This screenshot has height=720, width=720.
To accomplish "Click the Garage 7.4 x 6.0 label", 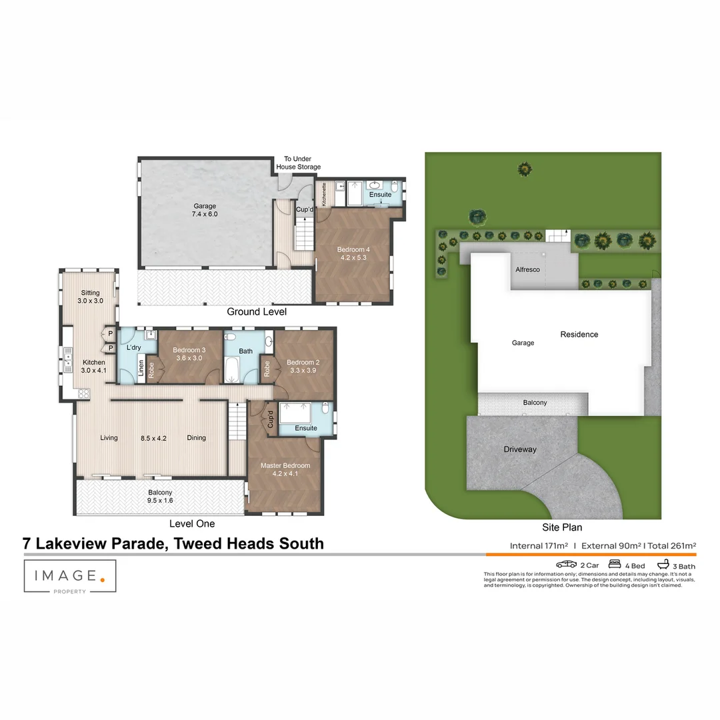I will [x=205, y=210].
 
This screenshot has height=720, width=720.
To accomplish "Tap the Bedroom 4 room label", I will [x=353, y=254].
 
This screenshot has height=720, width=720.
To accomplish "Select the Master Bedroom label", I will [x=285, y=469].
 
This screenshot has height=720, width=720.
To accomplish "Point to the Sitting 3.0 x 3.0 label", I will [x=90, y=297].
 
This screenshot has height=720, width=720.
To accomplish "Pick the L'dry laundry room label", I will [x=133, y=348].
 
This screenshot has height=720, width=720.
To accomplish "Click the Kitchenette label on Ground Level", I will [x=325, y=193].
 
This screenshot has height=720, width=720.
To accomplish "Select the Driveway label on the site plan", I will [x=519, y=449].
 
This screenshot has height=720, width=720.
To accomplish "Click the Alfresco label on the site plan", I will [x=527, y=270].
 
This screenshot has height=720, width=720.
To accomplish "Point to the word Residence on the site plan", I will [x=579, y=335].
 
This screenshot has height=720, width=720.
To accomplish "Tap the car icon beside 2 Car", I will [x=566, y=565].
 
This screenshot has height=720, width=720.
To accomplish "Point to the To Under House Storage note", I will [x=298, y=163].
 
